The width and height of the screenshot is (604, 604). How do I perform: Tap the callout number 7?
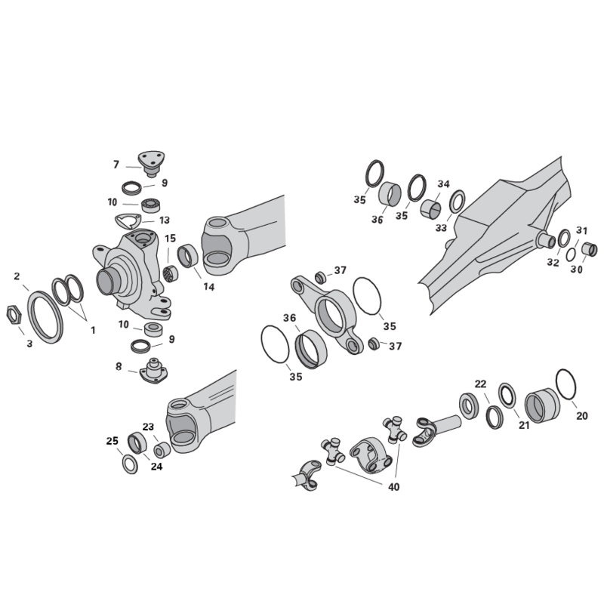pos(116,165)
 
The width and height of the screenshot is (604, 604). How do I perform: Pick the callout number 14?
pos(209,287)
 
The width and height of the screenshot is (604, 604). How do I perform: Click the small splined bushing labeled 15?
pos(171,273)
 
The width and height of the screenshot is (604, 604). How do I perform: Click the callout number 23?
pos(148,427)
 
